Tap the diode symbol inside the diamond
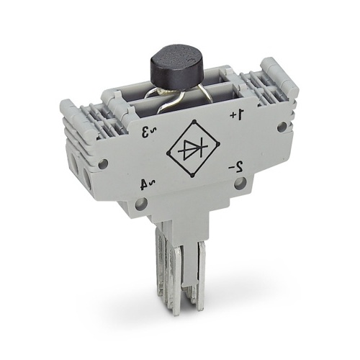pos(193,149)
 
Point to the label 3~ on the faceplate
pos(149,131)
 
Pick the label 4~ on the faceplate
pos(148,184)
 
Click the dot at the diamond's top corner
pos(194,121)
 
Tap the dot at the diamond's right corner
pos(218,144)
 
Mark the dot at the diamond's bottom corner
pos(192,176)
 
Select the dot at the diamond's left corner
pos(168,153)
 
